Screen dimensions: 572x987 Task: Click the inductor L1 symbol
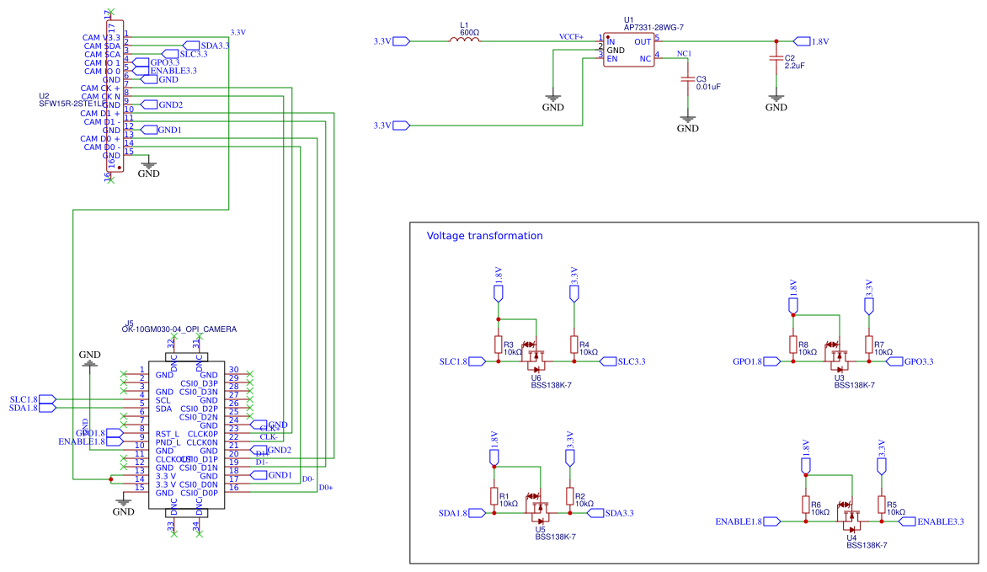[x=469, y=40]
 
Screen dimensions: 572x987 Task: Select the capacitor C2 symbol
[x=776, y=59]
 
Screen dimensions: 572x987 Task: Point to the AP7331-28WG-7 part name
[x=654, y=27]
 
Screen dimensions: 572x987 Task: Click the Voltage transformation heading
[x=484, y=236]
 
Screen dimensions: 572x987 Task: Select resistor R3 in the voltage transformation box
[x=499, y=345]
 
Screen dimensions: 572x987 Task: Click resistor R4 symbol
[x=574, y=345]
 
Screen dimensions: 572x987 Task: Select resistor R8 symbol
[x=792, y=345]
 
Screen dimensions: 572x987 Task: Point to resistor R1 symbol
[x=493, y=496]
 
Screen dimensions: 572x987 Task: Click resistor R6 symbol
[x=806, y=505]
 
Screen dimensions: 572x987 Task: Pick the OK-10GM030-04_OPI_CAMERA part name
[x=179, y=329]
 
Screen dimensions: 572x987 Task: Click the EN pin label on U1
[x=612, y=59]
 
